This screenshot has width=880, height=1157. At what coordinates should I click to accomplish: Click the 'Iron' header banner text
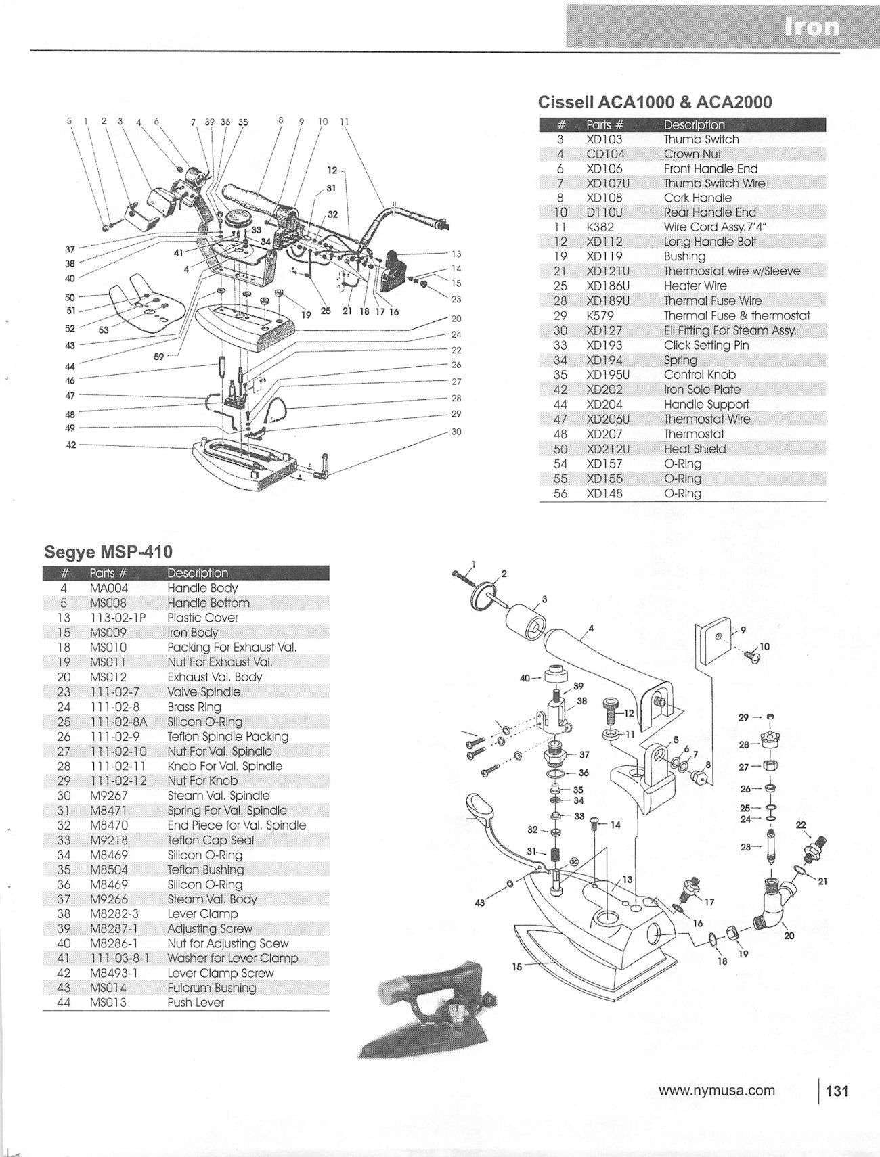[812, 26]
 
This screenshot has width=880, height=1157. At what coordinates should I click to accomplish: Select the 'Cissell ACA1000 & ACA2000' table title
[655, 101]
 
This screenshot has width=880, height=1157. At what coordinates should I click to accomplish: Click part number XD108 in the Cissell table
[604, 198]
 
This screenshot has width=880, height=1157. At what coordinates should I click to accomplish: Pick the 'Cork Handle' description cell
[697, 198]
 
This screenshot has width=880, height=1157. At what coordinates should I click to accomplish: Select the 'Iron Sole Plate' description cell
[701, 390]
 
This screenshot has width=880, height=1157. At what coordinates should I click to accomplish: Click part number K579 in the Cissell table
[600, 315]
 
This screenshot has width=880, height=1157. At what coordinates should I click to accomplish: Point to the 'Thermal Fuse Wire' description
[712, 301]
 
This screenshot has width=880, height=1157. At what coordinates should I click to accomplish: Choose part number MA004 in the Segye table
[108, 588]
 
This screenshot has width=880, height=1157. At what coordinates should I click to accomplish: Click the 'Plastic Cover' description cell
[202, 618]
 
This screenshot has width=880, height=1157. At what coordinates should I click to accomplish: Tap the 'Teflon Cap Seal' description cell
[211, 840]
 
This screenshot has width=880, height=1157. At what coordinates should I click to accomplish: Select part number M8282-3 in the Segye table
[113, 914]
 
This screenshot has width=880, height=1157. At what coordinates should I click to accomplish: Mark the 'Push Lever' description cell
[195, 1003]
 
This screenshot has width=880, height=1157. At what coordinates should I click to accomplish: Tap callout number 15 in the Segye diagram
[517, 967]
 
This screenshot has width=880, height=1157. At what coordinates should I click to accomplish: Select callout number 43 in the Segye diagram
[480, 903]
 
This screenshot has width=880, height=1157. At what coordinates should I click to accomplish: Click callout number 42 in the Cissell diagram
[71, 445]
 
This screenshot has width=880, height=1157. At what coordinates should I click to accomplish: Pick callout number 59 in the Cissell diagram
[158, 357]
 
